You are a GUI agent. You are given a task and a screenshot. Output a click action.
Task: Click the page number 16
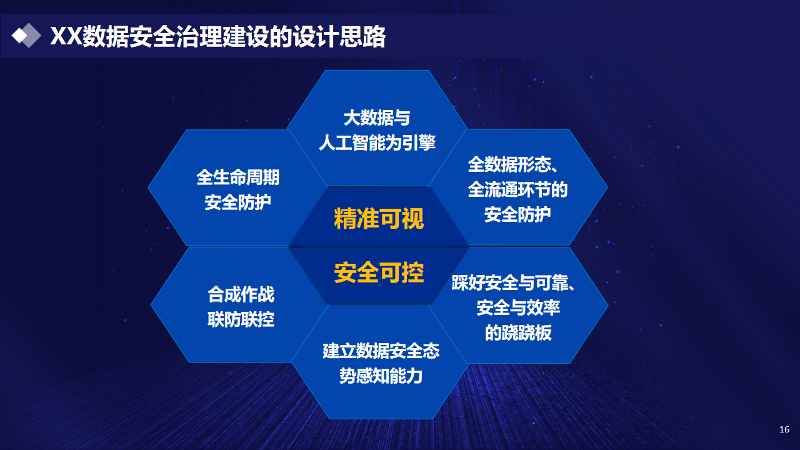point(784,429)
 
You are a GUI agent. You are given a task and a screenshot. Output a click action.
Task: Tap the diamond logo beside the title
point(26,36)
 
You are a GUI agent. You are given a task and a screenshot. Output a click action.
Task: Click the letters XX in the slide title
point(66,36)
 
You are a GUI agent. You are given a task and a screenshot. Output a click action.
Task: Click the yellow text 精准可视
point(379,218)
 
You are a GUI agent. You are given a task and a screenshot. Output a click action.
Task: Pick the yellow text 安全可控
point(379,272)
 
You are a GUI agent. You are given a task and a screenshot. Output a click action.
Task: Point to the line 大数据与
point(377,118)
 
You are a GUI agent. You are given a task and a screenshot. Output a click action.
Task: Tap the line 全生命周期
point(238,177)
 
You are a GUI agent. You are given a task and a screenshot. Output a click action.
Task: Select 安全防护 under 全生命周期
point(238,202)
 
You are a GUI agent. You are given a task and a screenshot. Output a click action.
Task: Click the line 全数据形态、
point(513,164)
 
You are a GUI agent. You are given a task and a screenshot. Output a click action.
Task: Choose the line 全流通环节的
point(518,189)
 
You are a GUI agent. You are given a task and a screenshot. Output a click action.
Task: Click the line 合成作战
point(241,294)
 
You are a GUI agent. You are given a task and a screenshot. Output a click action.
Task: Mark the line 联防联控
point(241,319)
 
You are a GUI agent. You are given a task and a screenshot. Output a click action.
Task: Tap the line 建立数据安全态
point(381,351)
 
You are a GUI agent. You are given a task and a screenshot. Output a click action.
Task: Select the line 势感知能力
point(381,376)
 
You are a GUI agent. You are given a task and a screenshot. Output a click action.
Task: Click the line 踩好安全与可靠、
point(513,282)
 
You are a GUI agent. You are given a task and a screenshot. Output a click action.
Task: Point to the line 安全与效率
point(518,307)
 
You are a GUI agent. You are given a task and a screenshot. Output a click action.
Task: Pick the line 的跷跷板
point(518,332)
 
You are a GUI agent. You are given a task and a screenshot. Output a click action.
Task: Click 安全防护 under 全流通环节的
point(517,214)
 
